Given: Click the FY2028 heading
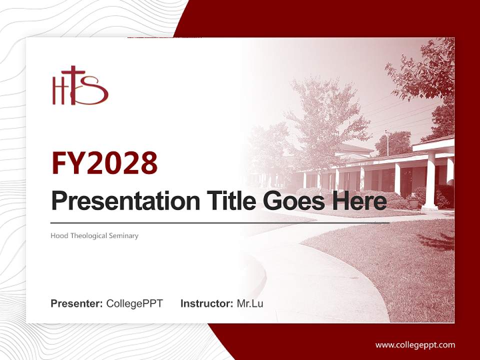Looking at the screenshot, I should pos(104,163).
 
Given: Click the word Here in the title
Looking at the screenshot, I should pos(361,201).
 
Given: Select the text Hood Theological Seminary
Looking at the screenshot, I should pos(94,235).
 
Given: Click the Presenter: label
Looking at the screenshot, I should pos(77,303).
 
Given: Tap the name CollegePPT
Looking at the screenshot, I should pos(134,303).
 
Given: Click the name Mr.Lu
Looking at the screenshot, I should pos(250,303).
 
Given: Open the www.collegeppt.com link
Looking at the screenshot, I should pos(415,344).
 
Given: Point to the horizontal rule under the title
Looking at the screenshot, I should pos(220,223).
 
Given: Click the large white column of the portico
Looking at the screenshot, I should pos(429,180).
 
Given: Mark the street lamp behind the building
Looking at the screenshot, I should pos(387,142).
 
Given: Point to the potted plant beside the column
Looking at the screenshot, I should pos(413,201).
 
